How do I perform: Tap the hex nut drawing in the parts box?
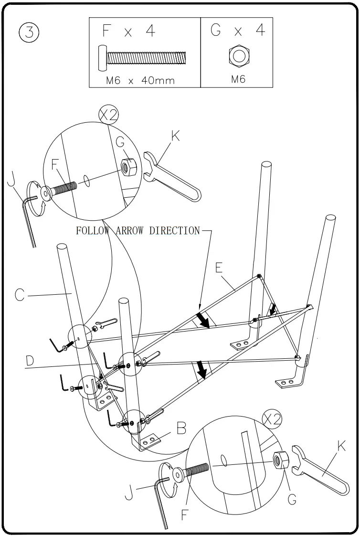[238, 56]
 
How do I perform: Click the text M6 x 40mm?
[140, 80]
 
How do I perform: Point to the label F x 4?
[129, 32]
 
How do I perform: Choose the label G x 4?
[237, 31]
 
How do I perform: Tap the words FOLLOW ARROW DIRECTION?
[138, 231]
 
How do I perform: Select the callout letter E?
[218, 268]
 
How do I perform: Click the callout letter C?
[19, 295]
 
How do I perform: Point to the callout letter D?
[30, 361]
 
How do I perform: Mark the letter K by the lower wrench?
[341, 447]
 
